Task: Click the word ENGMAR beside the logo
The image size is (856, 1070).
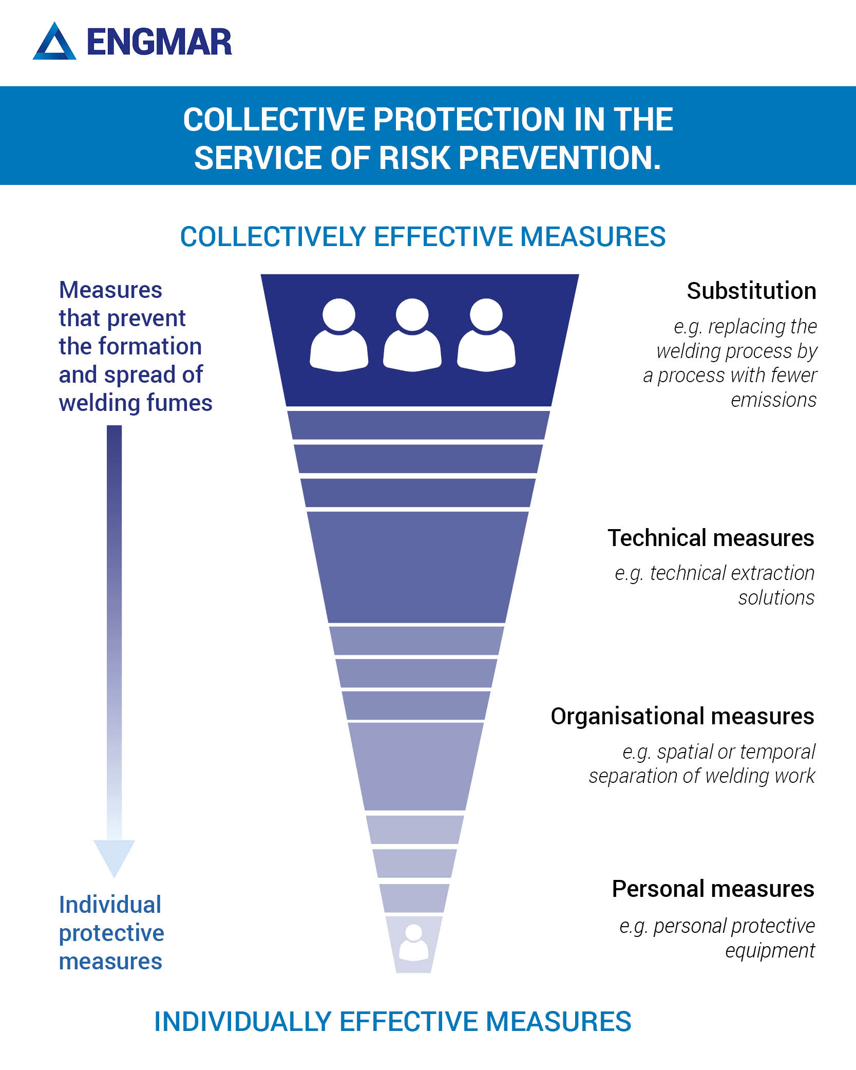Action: point(159,42)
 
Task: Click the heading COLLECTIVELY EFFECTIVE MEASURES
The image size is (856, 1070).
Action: point(423,237)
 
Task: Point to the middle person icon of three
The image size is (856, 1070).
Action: point(412,334)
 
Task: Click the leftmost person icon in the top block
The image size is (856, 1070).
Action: point(339,334)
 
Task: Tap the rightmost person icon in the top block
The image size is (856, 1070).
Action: point(486,334)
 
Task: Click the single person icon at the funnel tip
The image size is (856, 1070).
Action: point(414,943)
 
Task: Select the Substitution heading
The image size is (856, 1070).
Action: point(751,291)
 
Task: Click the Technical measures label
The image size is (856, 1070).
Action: point(711,538)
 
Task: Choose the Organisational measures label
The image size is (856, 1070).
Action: point(682,717)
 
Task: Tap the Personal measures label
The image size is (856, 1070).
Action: point(713,889)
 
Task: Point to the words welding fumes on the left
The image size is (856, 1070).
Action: point(136,403)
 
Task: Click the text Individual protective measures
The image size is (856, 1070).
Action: point(111,933)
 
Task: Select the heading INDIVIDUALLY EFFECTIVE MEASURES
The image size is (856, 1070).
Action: point(393,1021)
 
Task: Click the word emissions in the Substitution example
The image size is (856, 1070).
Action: point(773,400)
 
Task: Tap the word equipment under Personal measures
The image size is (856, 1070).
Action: point(770,951)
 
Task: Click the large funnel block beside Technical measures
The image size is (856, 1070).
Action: point(417,567)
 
